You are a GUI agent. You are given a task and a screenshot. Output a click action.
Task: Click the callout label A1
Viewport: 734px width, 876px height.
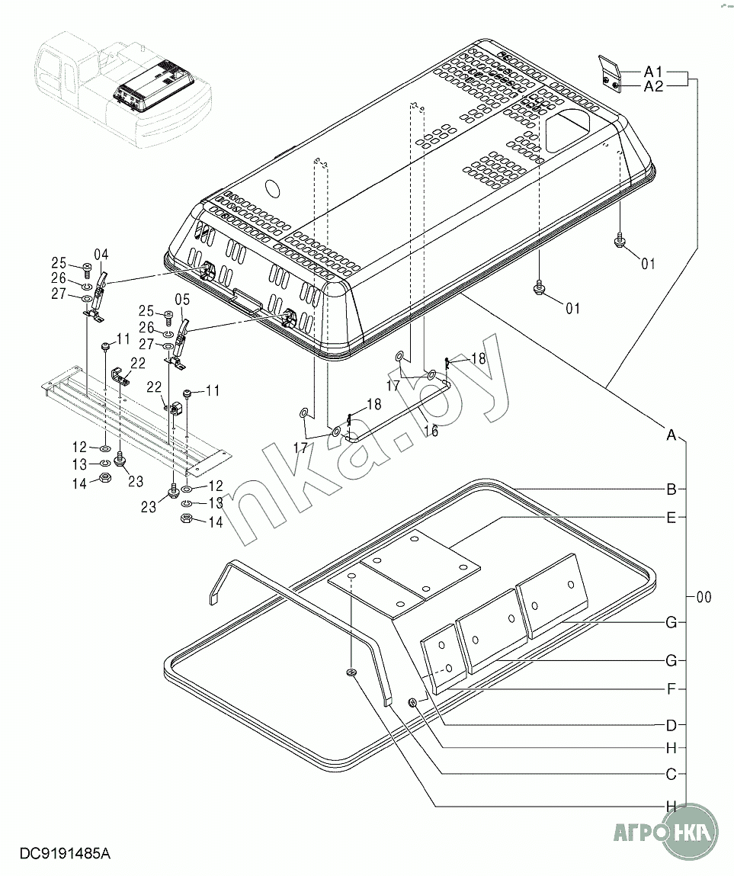pos(653,72)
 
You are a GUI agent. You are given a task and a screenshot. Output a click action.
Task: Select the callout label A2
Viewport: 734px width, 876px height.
pos(653,86)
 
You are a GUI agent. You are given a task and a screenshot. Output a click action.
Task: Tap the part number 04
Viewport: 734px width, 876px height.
pos(101,255)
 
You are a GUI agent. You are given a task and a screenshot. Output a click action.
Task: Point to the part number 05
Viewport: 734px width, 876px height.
pos(183,300)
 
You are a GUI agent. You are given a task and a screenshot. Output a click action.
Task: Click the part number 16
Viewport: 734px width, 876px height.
pos(430,431)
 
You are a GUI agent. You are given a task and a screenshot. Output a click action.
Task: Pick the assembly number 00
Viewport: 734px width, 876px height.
pos(704,597)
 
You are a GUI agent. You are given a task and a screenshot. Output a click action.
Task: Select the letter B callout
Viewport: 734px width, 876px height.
pos(671,489)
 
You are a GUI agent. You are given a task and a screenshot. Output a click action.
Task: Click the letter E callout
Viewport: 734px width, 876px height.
pos(671,518)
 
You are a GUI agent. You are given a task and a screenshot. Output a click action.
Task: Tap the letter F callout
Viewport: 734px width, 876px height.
pos(672,689)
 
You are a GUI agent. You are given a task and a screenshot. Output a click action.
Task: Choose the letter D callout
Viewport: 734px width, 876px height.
pos(671,725)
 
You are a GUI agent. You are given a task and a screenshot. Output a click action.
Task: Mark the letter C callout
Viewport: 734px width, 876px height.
pos(671,775)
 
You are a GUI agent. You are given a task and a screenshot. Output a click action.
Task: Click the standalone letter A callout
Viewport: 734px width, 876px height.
pos(671,435)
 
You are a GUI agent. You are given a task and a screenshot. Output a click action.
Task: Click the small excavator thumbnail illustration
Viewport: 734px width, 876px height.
pos(123,89)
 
